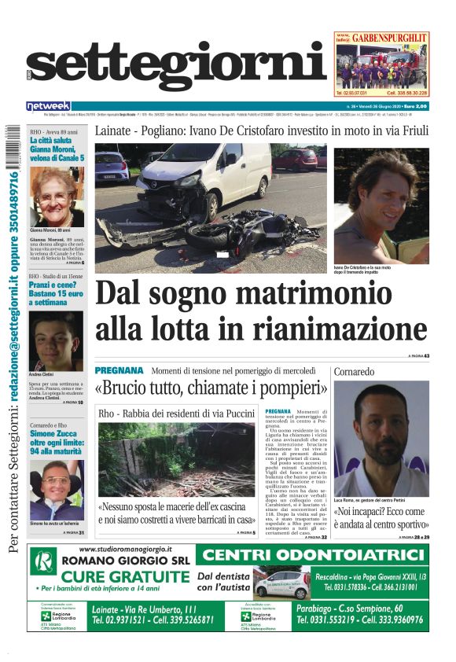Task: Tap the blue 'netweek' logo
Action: (48, 106)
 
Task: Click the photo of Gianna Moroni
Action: (57, 197)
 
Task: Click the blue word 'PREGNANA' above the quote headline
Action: (119, 370)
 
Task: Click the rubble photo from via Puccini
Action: (176, 459)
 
